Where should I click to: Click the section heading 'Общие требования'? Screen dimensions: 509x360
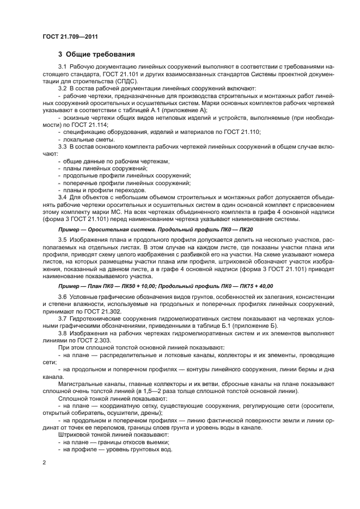click(96, 54)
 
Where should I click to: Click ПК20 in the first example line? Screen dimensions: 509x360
click(245, 230)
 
